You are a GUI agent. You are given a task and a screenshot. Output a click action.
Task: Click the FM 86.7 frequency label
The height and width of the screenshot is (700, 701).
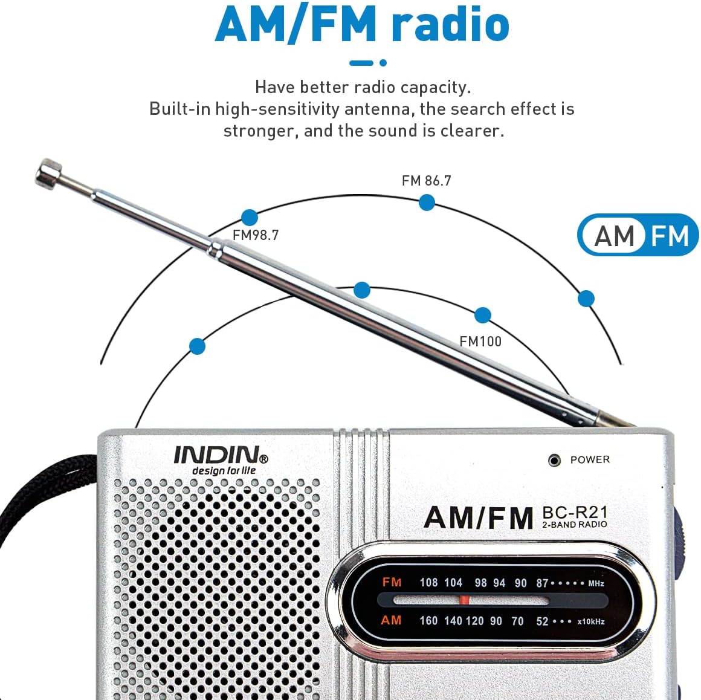[426, 181]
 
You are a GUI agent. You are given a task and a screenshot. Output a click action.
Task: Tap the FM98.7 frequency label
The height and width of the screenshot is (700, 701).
[256, 235]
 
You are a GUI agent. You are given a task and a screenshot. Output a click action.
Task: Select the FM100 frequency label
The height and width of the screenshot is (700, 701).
[480, 342]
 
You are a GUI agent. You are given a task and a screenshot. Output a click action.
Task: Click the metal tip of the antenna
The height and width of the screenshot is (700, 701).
[49, 173]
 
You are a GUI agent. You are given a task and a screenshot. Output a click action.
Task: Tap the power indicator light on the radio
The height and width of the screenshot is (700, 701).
[554, 461]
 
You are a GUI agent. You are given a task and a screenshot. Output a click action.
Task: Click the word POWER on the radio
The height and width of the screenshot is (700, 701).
[590, 459]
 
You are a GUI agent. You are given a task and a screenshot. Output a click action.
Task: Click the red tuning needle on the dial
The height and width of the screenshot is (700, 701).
[464, 600]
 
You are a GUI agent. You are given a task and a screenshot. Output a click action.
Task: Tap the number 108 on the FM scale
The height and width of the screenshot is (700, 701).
[428, 583]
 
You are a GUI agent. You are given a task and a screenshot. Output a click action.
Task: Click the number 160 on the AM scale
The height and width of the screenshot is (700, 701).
[428, 621]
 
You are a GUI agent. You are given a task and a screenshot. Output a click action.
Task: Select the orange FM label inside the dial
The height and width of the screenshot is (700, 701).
[392, 582]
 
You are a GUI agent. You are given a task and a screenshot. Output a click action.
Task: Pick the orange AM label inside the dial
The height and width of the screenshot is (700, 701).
[391, 620]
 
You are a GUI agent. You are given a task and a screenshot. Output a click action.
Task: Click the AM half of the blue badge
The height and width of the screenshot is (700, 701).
[614, 236]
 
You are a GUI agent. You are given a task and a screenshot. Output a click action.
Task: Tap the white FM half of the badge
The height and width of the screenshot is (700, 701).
[670, 236]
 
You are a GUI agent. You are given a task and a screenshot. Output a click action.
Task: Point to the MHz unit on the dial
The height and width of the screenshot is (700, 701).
[596, 584]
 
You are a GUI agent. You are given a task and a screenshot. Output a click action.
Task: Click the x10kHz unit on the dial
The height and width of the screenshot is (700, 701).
[590, 621]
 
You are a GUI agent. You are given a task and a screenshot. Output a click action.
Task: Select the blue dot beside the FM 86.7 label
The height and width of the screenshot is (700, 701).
[427, 203]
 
